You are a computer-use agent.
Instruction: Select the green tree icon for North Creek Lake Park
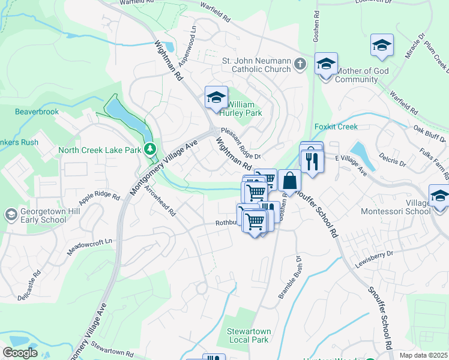pyautogui.click(x=150, y=149)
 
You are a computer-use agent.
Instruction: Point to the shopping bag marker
pyautogui.click(x=289, y=181)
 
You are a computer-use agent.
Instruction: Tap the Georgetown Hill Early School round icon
pyautogui.click(x=10, y=214)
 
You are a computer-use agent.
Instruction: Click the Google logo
pyautogui.click(x=20, y=353)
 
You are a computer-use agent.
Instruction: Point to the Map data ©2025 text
pyautogui.click(x=423, y=355)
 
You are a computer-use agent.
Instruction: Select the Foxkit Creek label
pyautogui.click(x=336, y=127)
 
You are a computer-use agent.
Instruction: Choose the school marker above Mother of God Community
pyautogui.click(x=325, y=64)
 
